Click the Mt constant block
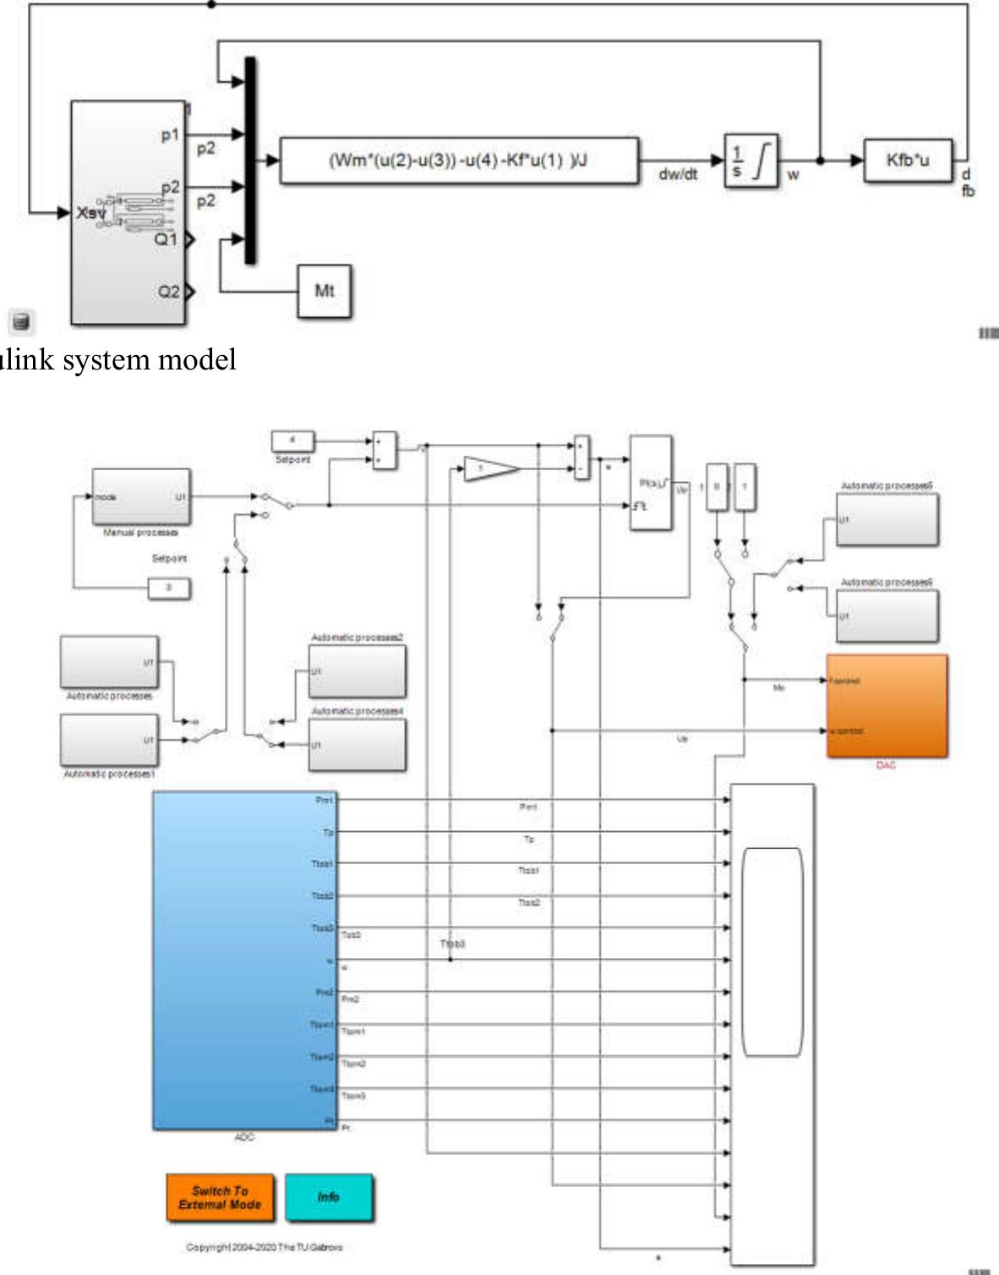(x=324, y=291)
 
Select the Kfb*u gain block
(x=908, y=161)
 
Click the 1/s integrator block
(x=751, y=161)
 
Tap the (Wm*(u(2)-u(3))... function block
(x=458, y=161)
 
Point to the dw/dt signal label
(x=678, y=175)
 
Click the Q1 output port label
(x=166, y=240)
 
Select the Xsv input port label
(x=91, y=213)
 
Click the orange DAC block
(x=886, y=705)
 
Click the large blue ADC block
(x=244, y=960)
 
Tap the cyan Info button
(x=328, y=1196)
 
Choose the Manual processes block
(x=141, y=496)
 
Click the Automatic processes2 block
(x=357, y=671)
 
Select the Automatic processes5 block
(x=887, y=519)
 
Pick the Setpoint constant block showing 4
(x=292, y=441)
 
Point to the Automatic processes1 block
(x=109, y=740)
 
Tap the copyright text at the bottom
(x=264, y=1247)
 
